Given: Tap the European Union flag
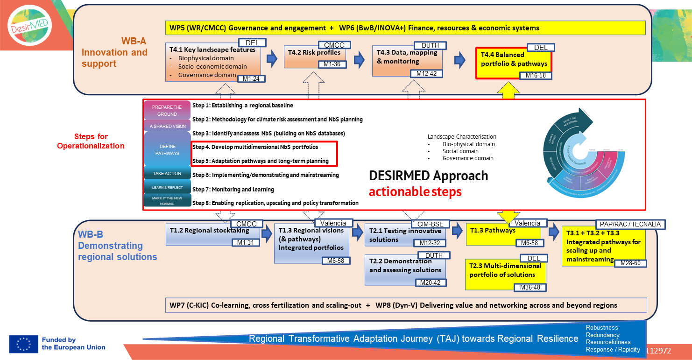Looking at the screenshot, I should click(23, 344).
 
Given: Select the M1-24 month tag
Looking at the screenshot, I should click(251, 78).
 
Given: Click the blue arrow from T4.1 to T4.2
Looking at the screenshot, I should click(271, 59).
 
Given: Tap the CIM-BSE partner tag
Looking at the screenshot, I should click(430, 224).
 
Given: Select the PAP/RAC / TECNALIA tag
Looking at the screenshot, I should click(630, 224).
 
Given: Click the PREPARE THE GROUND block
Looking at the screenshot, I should click(167, 110).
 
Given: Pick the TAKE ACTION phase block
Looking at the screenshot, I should click(167, 173).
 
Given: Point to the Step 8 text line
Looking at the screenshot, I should click(275, 203).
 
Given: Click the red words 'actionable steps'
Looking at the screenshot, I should click(415, 191).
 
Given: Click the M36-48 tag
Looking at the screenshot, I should click(530, 287).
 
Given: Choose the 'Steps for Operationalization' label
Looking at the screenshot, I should click(91, 141).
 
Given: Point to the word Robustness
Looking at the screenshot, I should click(602, 327).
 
